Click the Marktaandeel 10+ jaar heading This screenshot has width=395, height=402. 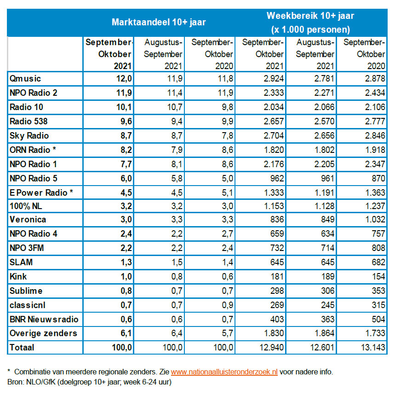pos(159,22)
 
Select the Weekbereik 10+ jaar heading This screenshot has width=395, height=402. pos(310,16)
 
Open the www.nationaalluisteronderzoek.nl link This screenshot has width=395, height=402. pos(224,372)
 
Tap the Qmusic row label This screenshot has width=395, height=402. pos(25,78)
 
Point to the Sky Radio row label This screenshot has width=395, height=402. pos(29,136)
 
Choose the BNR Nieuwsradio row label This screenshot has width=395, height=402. pos(44,319)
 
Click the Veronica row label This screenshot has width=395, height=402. pos(28,220)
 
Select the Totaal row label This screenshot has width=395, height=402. pos(22,347)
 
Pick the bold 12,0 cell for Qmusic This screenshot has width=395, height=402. pos(124,78)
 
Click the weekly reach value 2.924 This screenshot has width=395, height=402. pos(274,78)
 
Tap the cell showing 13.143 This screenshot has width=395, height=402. pos(373,347)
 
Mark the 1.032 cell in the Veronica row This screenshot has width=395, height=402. pos(375,220)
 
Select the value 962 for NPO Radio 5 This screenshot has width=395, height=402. pos(277,179)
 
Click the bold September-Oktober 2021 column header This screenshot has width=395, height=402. pos(109,54)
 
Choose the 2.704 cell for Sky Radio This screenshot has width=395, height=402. pos(274,136)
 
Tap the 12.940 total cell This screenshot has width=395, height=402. pos(272,347)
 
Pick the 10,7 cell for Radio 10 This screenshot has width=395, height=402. pos(175,107)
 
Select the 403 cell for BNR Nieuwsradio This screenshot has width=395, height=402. pos(277,319)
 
